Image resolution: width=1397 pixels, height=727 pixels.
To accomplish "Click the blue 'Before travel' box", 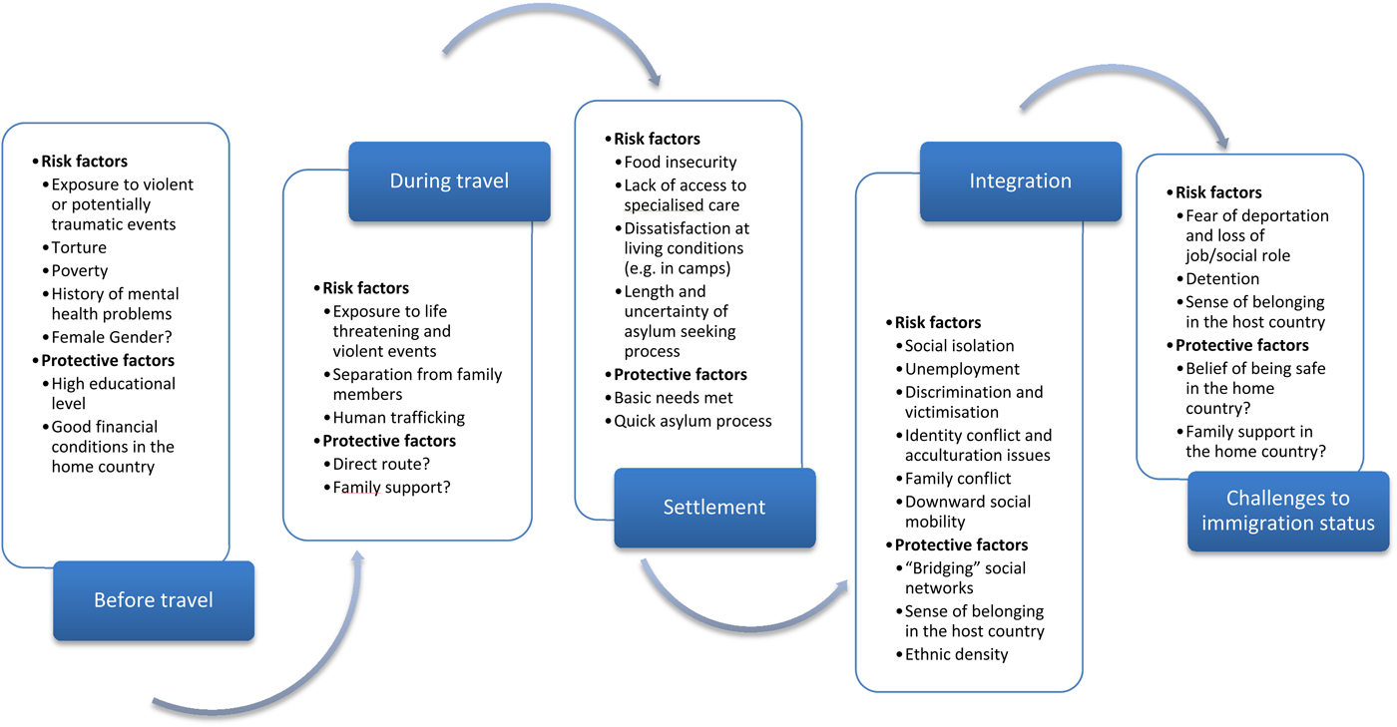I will [154, 600].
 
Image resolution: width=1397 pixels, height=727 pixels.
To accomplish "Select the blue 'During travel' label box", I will [449, 182].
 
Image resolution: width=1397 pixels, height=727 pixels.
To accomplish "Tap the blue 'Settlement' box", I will [714, 507].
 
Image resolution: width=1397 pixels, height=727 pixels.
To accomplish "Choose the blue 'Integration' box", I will [1020, 182].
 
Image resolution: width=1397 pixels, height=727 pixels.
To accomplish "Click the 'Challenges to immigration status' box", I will [1287, 511].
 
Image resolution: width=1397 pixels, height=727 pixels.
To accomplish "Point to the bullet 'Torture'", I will [79, 247].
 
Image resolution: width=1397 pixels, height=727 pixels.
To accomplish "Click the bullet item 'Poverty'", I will [80, 271].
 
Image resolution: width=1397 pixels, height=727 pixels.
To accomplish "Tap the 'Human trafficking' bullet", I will [398, 418].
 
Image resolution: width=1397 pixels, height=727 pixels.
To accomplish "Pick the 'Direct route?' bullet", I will [380, 465].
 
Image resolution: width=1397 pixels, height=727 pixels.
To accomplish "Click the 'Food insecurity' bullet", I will [680, 162].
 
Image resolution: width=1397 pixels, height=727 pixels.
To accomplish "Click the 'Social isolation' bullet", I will [959, 346].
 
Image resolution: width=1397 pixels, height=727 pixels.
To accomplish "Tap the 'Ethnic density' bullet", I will [956, 654].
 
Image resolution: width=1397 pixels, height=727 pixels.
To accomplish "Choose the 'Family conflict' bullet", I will [957, 479].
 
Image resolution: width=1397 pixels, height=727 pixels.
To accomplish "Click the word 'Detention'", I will [1222, 279].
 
